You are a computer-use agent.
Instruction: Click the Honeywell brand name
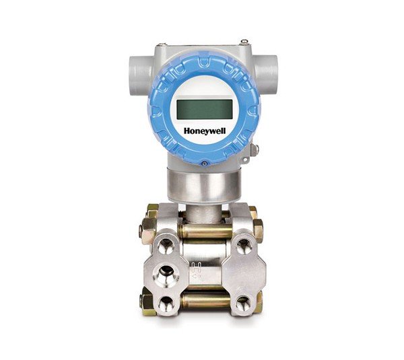click(205, 131)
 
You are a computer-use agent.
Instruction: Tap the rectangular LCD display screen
click(204, 109)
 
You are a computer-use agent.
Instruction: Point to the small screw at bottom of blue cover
click(205, 164)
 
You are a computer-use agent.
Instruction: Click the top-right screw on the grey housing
click(244, 42)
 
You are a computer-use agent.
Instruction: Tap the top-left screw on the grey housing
click(162, 45)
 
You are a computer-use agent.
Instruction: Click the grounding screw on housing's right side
click(255, 150)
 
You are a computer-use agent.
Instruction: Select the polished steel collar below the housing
click(204, 185)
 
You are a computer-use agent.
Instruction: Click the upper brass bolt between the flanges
click(205, 231)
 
